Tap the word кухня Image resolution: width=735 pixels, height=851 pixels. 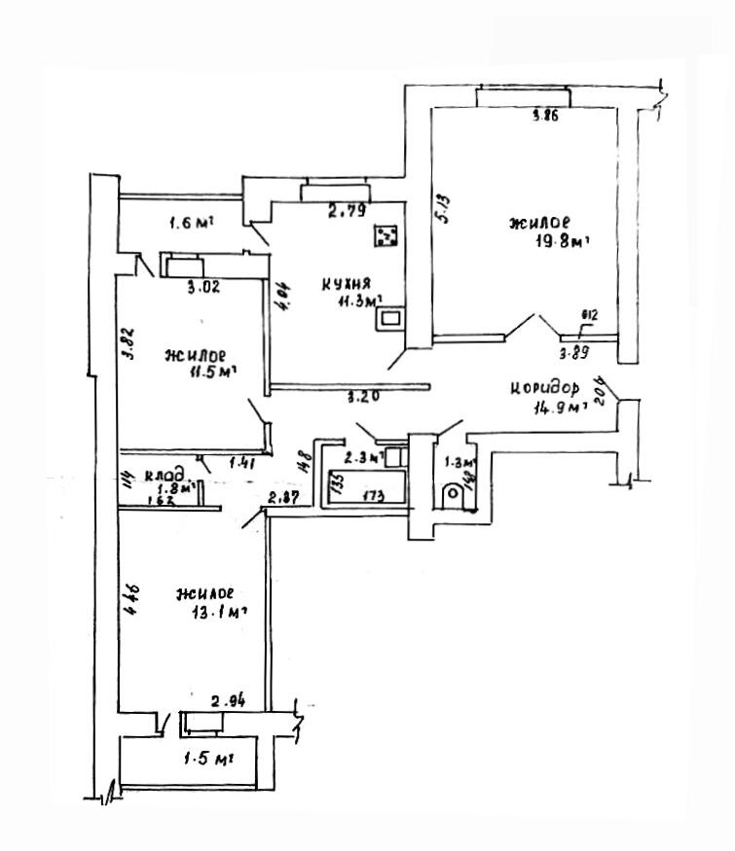(x=345, y=284)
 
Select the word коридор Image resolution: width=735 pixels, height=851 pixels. (x=549, y=388)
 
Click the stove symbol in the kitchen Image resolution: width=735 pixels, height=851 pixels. (x=386, y=235)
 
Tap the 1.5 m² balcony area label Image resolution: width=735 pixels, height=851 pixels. (x=213, y=758)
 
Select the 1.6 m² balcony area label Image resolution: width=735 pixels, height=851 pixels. (x=191, y=223)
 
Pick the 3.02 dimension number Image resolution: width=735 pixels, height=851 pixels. (x=199, y=287)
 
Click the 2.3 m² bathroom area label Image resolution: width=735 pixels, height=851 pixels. (x=360, y=454)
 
